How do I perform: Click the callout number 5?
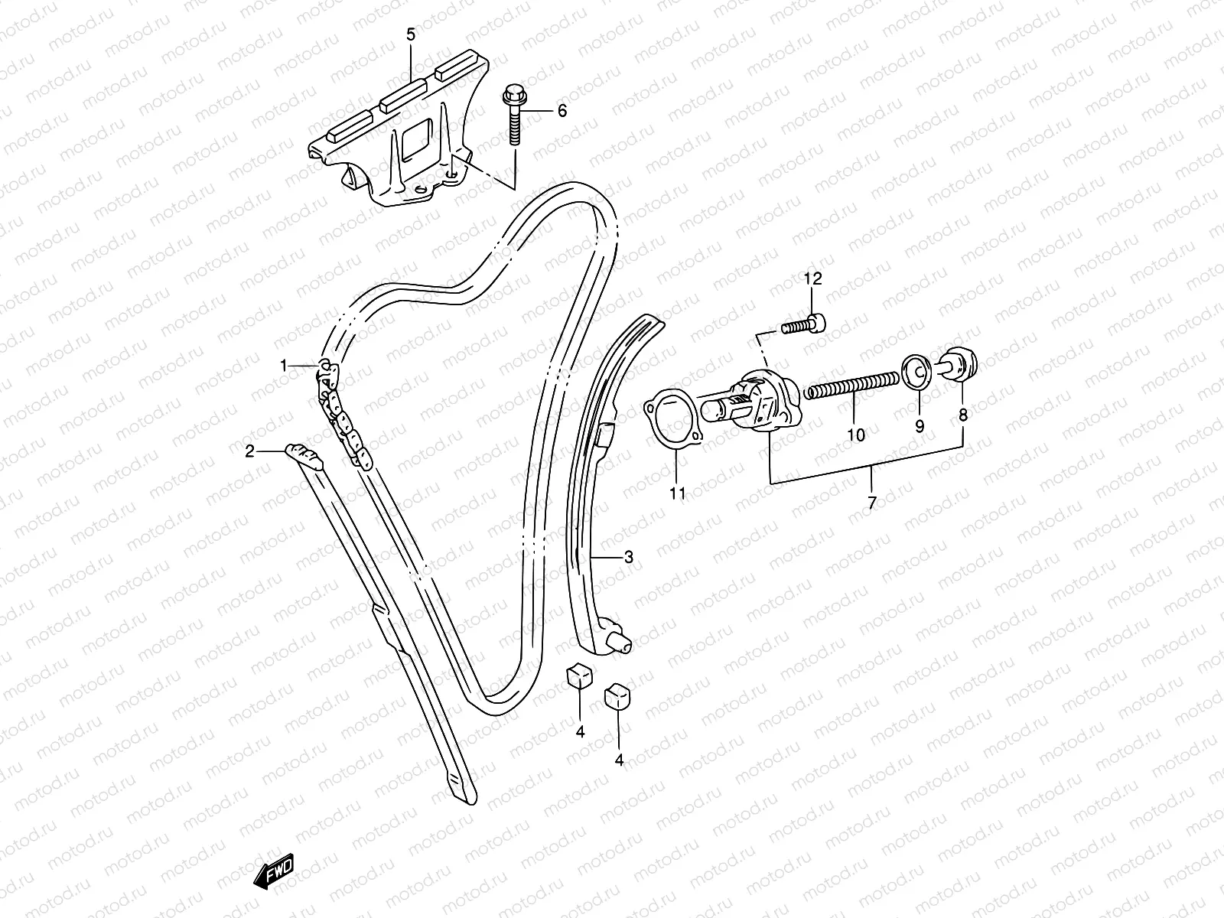tap(411, 34)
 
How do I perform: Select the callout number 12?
tap(812, 279)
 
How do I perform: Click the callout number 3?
tap(629, 558)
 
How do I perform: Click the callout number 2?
tap(249, 451)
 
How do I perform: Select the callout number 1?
tap(283, 366)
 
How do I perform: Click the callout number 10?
tap(856, 435)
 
